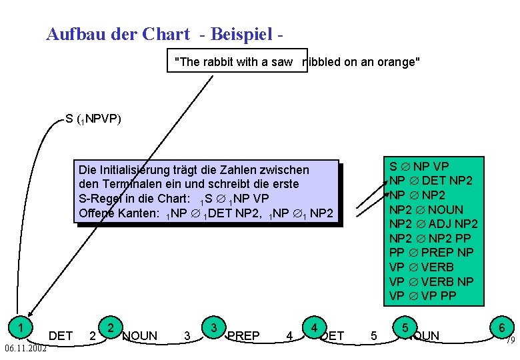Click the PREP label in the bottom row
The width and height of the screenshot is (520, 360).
(243, 336)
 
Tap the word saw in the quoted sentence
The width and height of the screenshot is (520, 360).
(283, 62)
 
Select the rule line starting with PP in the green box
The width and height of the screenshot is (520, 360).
(431, 253)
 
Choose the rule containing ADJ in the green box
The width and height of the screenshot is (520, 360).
(433, 223)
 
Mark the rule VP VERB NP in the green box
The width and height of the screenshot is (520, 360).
(431, 281)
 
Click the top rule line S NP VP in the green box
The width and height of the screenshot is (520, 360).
(419, 166)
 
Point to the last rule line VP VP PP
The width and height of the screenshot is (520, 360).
(423, 295)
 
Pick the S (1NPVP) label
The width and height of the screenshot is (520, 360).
(93, 120)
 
